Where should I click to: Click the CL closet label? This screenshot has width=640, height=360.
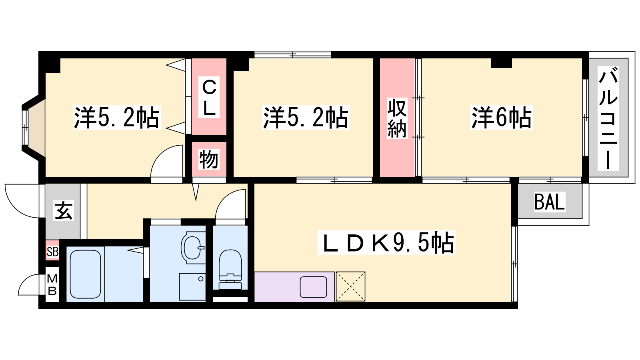209,98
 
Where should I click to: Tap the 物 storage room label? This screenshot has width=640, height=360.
209,159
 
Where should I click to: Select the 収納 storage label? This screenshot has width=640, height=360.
397,118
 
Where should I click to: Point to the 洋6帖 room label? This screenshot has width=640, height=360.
502,118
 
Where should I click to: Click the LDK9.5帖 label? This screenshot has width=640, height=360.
386,242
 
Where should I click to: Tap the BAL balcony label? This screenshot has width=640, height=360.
550,202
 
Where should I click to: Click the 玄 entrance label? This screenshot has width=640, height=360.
64,210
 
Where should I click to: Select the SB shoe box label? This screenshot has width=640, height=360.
52,252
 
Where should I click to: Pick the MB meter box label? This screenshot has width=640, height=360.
52,284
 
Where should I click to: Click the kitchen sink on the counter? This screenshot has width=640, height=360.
313,287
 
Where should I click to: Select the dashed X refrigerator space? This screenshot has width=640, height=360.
350,286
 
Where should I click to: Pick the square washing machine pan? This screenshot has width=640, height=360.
192,287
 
